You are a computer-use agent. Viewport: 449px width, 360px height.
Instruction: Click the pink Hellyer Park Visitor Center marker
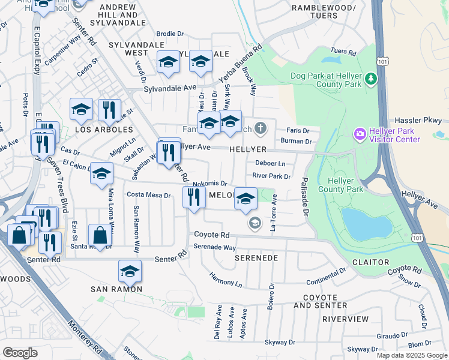(x=360, y=133)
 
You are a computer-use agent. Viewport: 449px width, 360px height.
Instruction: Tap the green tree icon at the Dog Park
(x=371, y=78)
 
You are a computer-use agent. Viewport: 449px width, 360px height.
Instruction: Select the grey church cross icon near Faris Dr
(x=259, y=127)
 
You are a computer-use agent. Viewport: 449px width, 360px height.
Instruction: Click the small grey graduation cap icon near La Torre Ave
(x=255, y=223)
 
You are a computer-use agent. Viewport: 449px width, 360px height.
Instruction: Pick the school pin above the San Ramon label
(x=130, y=271)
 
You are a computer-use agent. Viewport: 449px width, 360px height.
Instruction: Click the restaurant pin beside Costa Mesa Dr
(x=193, y=197)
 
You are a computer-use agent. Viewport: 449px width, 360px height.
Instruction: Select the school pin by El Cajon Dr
(x=101, y=173)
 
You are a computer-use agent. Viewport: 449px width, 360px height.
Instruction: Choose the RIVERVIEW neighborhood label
(x=345, y=319)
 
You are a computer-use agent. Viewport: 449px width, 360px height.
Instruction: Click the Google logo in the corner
(x=20, y=353)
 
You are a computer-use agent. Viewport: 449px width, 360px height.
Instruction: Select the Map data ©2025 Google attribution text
(x=411, y=355)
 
